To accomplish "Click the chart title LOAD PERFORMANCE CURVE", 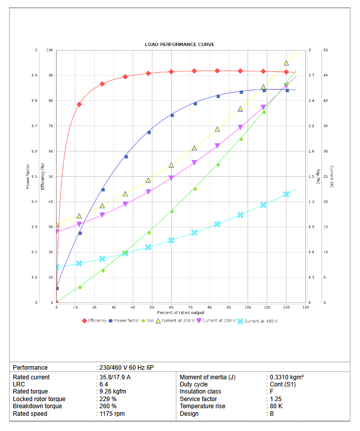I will click(x=180, y=45).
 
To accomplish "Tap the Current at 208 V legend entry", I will click(x=175, y=321).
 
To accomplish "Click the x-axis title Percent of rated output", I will click(x=181, y=312).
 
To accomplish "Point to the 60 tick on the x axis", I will click(x=172, y=307).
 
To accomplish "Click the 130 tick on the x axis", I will click(x=305, y=307).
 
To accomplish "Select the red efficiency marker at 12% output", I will click(x=79, y=104).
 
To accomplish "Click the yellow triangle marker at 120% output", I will click(x=287, y=63).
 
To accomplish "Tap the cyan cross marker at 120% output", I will click(x=287, y=194).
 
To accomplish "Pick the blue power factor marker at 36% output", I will click(x=126, y=156).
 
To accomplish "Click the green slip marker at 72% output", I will click(x=195, y=189).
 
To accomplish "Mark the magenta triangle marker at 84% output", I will click(x=218, y=146).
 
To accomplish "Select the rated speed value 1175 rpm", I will click(x=113, y=414).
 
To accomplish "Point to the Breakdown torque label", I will click(x=37, y=406).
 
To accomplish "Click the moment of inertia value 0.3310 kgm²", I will click(x=287, y=377).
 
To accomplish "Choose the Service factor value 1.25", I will click(x=276, y=399).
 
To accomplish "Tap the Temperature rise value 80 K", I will click(x=276, y=406).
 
